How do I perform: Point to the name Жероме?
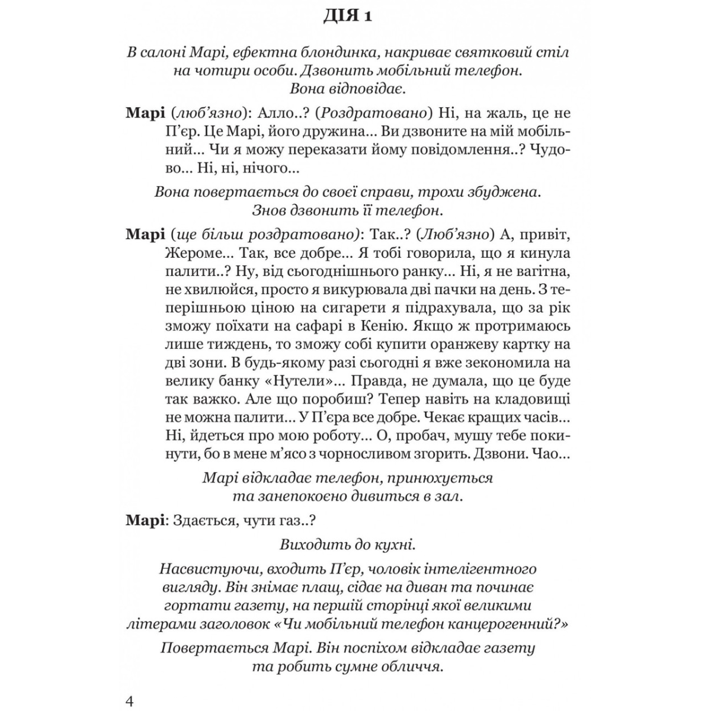189,253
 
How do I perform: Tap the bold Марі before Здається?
145,521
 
